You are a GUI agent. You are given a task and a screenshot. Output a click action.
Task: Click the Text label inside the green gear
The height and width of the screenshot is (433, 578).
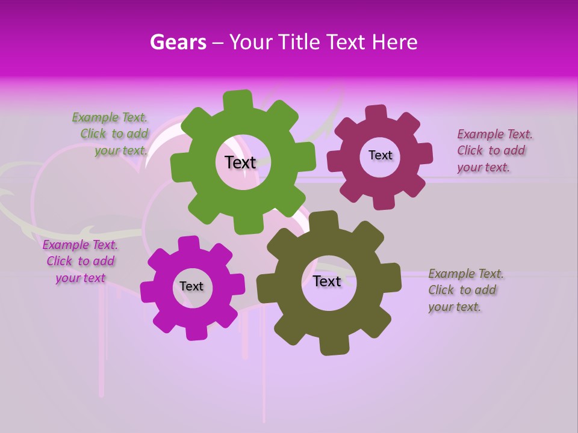(x=240, y=162)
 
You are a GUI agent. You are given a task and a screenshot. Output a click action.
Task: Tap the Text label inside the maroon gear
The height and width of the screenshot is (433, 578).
(x=380, y=155)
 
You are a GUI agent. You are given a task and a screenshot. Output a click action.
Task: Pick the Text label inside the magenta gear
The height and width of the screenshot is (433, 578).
(x=191, y=286)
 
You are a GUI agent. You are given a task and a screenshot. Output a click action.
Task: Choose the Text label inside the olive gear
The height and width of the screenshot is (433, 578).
(x=326, y=281)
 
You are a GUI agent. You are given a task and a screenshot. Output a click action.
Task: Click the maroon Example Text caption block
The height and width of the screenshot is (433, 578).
(x=494, y=151)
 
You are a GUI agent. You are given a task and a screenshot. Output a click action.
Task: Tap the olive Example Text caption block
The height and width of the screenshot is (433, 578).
(x=465, y=290)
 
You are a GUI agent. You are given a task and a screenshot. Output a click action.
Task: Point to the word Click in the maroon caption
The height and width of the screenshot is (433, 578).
(x=470, y=151)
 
